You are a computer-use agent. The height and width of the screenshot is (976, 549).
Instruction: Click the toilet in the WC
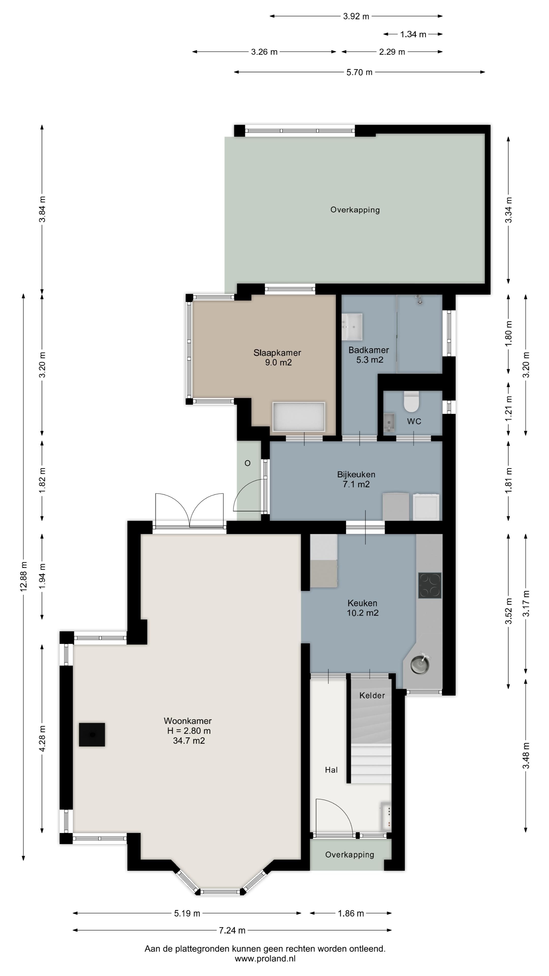pyautogui.click(x=411, y=402)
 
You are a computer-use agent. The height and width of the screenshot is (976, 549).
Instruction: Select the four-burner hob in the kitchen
pyautogui.click(x=430, y=585)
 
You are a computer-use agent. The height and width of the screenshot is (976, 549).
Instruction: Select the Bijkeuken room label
pyautogui.click(x=356, y=474)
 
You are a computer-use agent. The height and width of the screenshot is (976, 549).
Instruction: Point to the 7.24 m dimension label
pyautogui.click(x=232, y=930)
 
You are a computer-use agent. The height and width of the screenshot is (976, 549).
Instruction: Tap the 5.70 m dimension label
pyautogui.click(x=359, y=72)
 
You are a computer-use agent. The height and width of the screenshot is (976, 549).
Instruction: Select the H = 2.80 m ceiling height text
pyautogui.click(x=189, y=731)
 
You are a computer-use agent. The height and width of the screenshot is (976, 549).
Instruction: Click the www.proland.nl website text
pyautogui.click(x=265, y=958)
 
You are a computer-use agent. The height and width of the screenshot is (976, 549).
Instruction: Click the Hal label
pyautogui.click(x=331, y=770)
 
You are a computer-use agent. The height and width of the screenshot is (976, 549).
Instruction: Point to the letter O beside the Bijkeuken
pyautogui.click(x=247, y=463)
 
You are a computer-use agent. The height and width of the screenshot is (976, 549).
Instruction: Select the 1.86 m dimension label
pyautogui.click(x=351, y=913)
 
